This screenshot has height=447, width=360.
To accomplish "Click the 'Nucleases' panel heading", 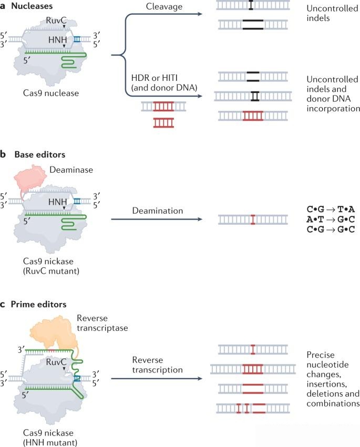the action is tap(32, 6).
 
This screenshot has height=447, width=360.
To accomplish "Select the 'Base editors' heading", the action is tap(39, 154).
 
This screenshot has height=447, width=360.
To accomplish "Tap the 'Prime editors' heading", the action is tap(38, 304).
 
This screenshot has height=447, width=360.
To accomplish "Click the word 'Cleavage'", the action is tap(164, 6).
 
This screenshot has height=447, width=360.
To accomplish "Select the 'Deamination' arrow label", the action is tap(158, 211).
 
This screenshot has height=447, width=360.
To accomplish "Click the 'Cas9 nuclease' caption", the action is tap(51, 93).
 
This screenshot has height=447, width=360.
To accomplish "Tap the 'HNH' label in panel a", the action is tap(57, 39).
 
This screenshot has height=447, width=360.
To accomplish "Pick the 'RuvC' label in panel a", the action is tap(56, 20).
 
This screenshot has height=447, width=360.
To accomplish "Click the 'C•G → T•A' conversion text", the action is tap(331, 209).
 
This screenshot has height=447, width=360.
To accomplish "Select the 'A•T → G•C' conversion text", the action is tap(331, 219).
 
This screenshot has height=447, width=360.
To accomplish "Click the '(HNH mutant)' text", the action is tap(50, 442).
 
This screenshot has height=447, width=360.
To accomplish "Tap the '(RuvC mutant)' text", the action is tap(51, 271).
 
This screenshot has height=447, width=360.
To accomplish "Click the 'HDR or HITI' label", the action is tap(155, 78).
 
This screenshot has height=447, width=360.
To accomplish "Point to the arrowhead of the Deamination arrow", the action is tap(200, 219).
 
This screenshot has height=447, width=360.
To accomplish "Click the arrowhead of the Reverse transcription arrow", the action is tap(200, 379).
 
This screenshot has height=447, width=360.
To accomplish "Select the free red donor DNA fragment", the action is tap(163, 123).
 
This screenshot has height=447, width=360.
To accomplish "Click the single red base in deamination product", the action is tap(253, 220).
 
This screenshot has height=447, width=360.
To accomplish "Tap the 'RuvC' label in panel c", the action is tap(56, 362).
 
